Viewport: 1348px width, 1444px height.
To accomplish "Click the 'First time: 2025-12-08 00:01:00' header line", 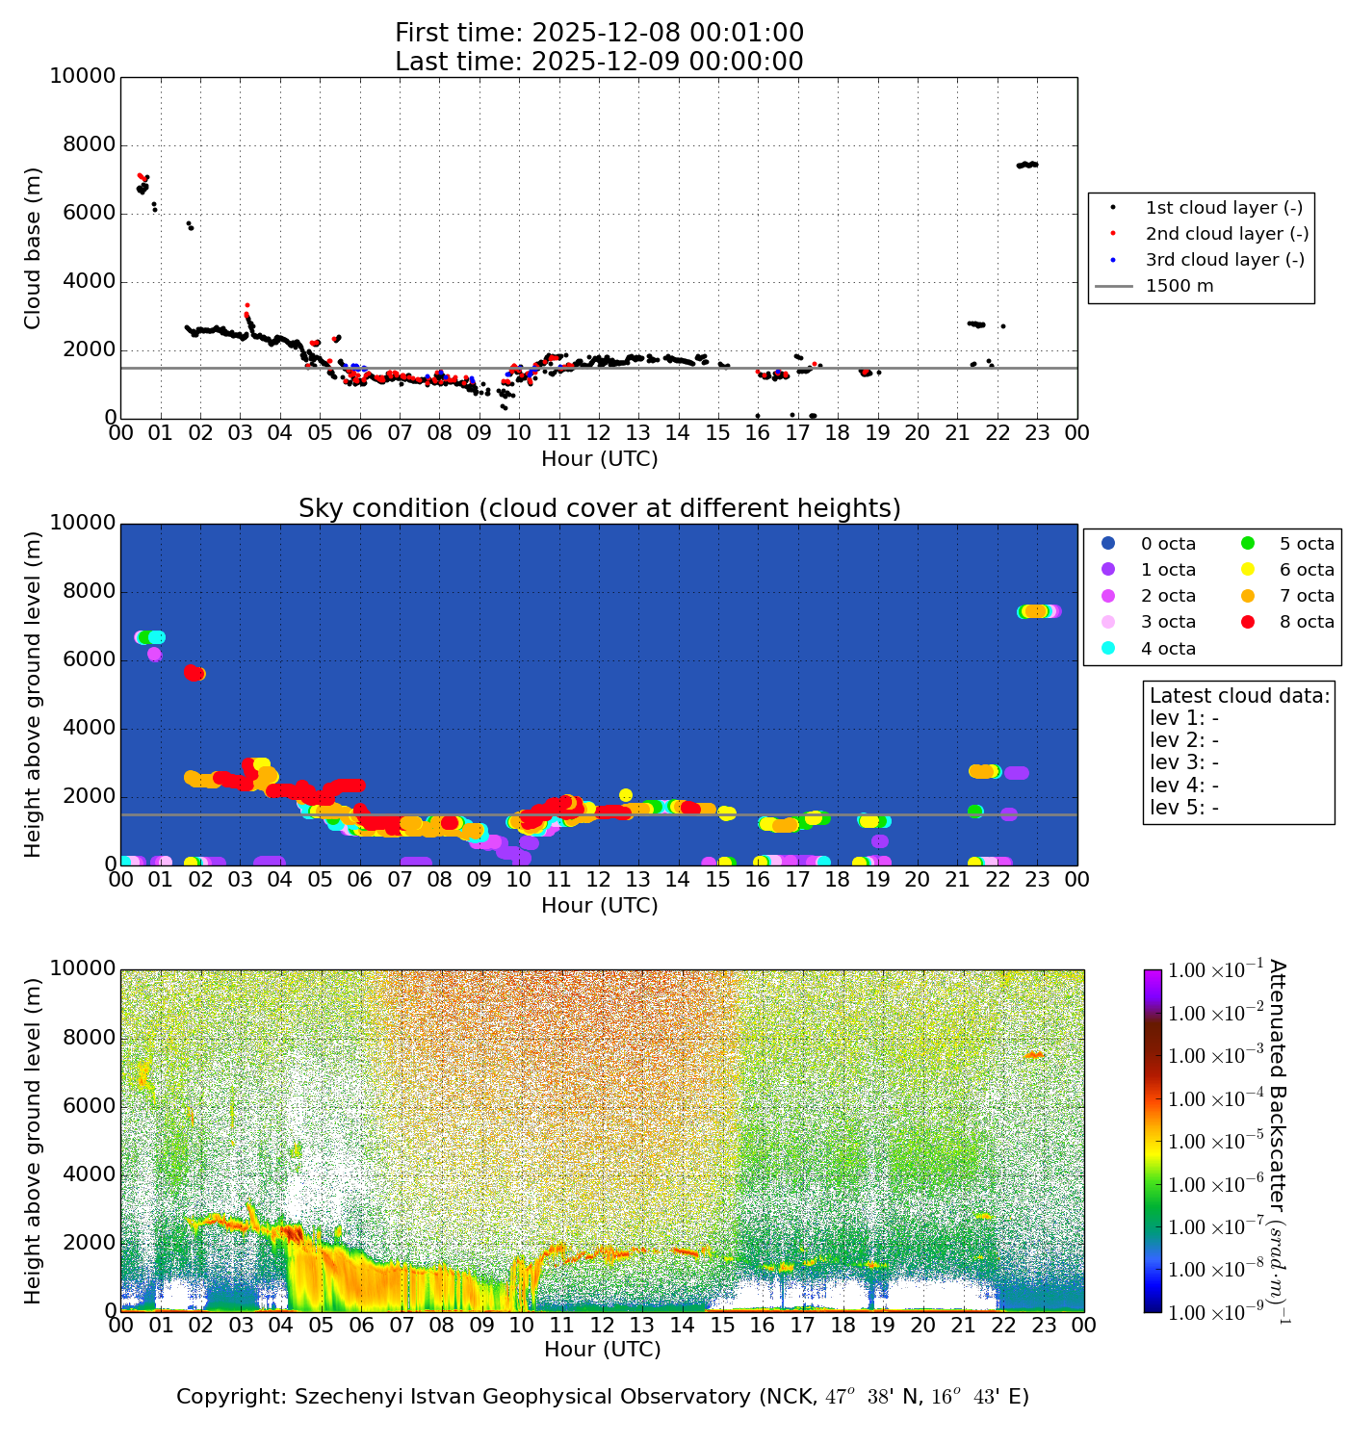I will click(x=599, y=34).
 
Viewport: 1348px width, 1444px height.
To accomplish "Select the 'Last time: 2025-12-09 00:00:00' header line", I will click(x=599, y=62).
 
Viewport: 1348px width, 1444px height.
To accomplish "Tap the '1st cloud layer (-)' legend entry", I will click(x=1223, y=208).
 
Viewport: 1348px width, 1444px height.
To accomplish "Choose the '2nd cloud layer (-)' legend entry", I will click(x=1226, y=234).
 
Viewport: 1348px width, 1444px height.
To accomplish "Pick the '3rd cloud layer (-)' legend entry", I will click(x=1224, y=260).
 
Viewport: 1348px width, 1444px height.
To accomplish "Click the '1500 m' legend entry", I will click(x=1179, y=286).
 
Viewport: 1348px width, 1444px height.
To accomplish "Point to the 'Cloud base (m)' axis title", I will click(x=34, y=248).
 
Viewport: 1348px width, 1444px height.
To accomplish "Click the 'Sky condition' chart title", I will click(x=599, y=508).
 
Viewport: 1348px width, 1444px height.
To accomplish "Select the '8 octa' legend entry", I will click(x=1306, y=622).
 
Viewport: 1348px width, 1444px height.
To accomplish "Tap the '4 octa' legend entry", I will click(x=1168, y=649).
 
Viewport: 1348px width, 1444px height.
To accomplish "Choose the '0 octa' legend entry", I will click(x=1168, y=544).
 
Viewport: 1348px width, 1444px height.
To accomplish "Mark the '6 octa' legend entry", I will click(x=1306, y=570).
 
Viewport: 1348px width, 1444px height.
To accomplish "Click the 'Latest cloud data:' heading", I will click(x=1239, y=696).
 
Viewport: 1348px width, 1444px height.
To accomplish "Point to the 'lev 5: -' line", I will click(x=1184, y=807).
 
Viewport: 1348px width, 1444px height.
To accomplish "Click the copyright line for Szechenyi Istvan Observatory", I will click(x=603, y=1397).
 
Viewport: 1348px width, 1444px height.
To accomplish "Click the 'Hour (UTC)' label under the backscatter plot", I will click(x=603, y=1350).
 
